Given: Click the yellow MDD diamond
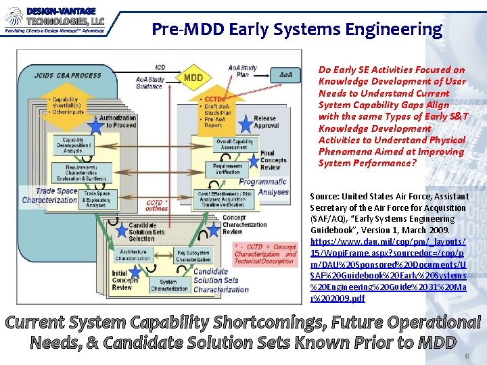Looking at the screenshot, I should [193, 77].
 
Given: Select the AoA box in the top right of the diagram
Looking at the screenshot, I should [285, 74].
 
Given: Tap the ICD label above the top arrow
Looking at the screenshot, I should [160, 67].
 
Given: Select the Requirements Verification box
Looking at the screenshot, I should [227, 169].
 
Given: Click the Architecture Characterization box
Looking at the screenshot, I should [133, 255].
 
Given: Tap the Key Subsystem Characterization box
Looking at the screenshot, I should [193, 255].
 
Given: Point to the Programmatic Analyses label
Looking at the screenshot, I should [263, 187].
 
